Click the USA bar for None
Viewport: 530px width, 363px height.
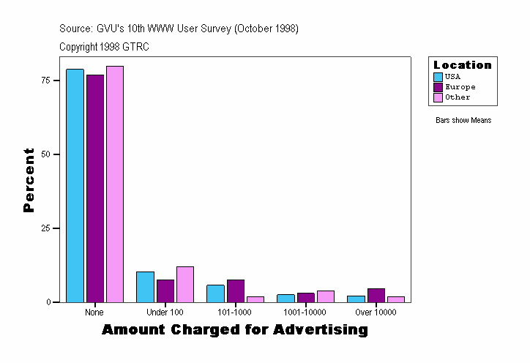[75, 185]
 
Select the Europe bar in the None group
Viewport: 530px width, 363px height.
[95, 188]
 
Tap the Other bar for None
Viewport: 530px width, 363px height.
[115, 184]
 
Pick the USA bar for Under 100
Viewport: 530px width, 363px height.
[145, 287]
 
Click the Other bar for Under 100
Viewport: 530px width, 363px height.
[185, 285]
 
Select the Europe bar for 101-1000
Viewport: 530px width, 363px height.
[236, 291]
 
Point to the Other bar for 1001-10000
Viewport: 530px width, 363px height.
[326, 296]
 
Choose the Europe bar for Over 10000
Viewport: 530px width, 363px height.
[376, 295]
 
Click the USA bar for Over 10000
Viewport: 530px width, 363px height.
[356, 299]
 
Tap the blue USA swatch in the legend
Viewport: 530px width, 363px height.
[438, 77]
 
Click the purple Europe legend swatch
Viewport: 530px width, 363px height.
[438, 87]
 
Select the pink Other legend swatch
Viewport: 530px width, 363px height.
[438, 97]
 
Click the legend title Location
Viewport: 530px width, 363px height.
[463, 65]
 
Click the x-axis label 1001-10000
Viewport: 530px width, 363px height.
[306, 313]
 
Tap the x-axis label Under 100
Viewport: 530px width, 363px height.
[165, 313]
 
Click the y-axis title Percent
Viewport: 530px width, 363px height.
[29, 180]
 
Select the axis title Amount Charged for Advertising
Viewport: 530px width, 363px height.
[234, 330]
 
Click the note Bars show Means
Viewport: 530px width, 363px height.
[463, 121]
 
